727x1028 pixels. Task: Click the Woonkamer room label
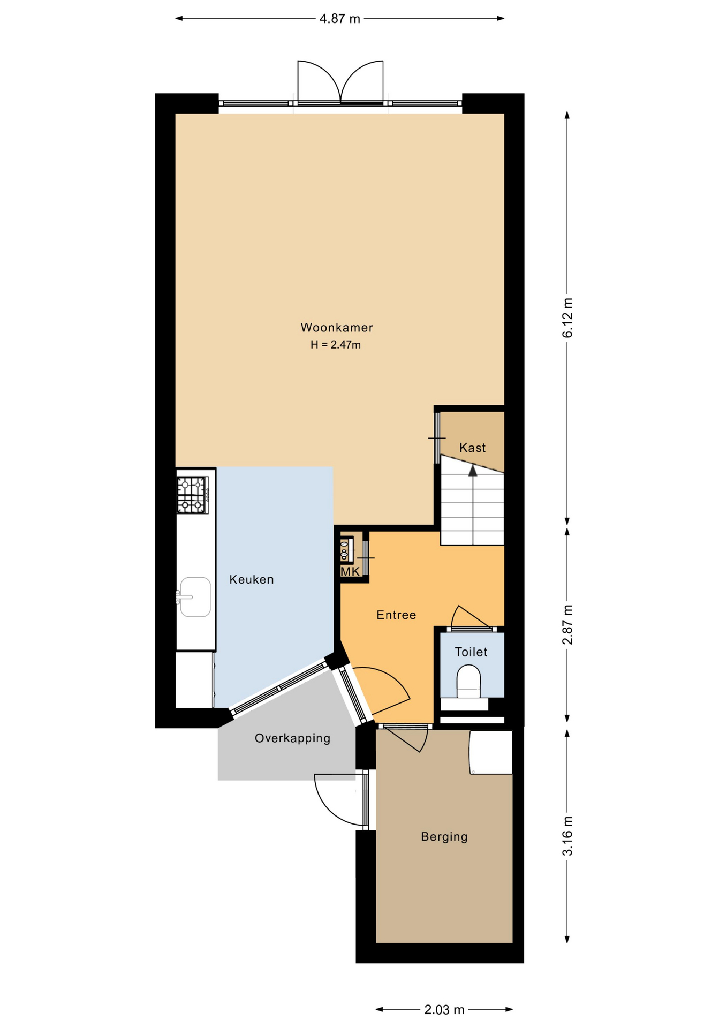click(336, 327)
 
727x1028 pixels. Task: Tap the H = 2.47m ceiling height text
click(336, 345)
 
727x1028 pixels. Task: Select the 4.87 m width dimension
click(339, 19)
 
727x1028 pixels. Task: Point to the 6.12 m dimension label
click(567, 318)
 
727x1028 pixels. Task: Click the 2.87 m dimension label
click(567, 624)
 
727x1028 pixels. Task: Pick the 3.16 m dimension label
click(567, 836)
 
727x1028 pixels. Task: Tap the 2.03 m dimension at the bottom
click(444, 1010)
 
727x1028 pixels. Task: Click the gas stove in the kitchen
click(193, 495)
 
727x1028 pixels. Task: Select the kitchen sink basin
click(195, 597)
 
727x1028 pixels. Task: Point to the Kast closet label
click(472, 448)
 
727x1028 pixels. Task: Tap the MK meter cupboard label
click(350, 572)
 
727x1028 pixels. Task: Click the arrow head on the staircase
click(473, 471)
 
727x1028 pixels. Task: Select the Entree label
click(396, 615)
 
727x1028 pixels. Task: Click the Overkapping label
click(292, 738)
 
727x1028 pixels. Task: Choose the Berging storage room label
click(444, 836)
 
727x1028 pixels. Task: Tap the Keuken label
click(252, 579)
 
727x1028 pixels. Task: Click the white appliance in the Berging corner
click(491, 752)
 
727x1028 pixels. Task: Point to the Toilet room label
click(471, 652)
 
